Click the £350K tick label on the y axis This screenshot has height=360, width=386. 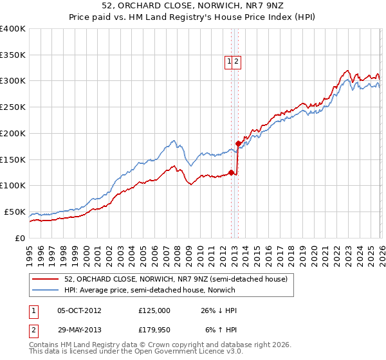[12, 55]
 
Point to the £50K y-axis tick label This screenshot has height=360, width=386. [14, 212]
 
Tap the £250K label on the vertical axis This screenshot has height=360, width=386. [12, 107]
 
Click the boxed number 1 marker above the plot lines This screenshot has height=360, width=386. [228, 62]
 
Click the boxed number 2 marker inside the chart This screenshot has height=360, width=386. [236, 62]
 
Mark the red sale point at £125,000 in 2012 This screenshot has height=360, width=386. [231, 172]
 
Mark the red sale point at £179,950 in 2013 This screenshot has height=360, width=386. [238, 143]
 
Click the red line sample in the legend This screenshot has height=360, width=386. [46, 279]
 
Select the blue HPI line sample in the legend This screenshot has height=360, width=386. [46, 290]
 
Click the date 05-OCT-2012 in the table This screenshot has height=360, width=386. [78, 310]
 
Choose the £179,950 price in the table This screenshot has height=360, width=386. [154, 329]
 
